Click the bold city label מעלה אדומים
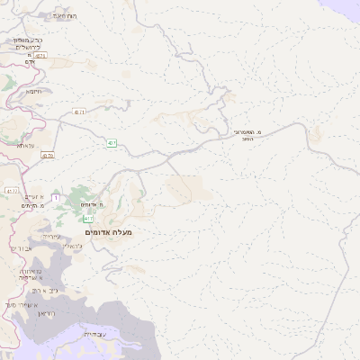(108, 233)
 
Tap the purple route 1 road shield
(56, 198)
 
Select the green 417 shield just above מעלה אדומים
(88, 219)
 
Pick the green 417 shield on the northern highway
(111, 143)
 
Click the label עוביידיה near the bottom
(94, 334)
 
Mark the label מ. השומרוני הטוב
(246, 135)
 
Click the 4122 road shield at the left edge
(10, 191)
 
